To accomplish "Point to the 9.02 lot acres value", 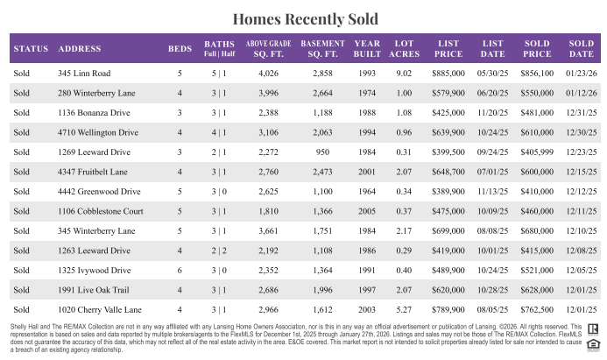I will coord(404,74).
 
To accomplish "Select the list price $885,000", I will coord(448,74).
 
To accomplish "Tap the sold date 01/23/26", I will coord(582,74).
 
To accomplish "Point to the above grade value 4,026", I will coord(268,74).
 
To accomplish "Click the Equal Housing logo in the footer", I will coord(593,345).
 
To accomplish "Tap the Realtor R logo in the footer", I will coord(593,328).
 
